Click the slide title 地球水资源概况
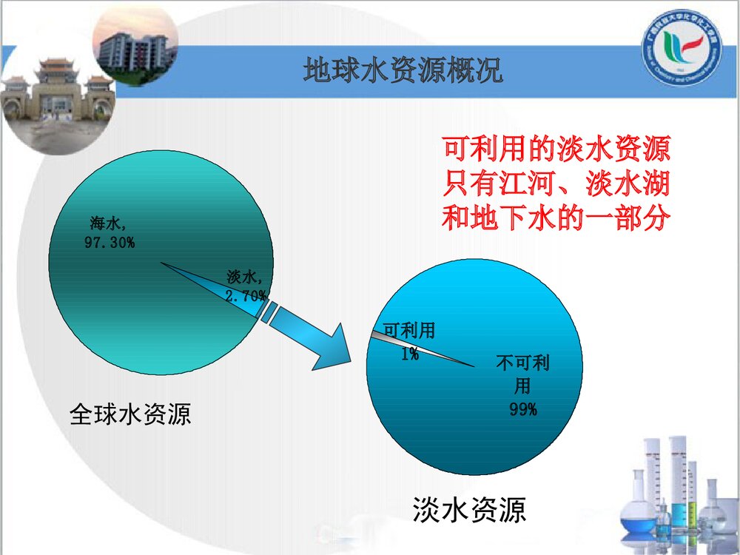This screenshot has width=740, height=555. coord(403,71)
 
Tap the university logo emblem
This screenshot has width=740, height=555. coord(681,50)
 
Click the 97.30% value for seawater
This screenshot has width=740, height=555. coord(110,242)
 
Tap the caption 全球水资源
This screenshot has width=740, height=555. coord(130,413)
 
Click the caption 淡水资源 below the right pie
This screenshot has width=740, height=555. coord(469,511)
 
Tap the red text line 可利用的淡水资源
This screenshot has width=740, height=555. coord(556,151)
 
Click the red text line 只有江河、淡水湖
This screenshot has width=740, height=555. coord(556,184)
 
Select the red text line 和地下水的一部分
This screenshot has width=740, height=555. coord(556,218)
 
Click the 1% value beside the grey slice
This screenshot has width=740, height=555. coord(409,354)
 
